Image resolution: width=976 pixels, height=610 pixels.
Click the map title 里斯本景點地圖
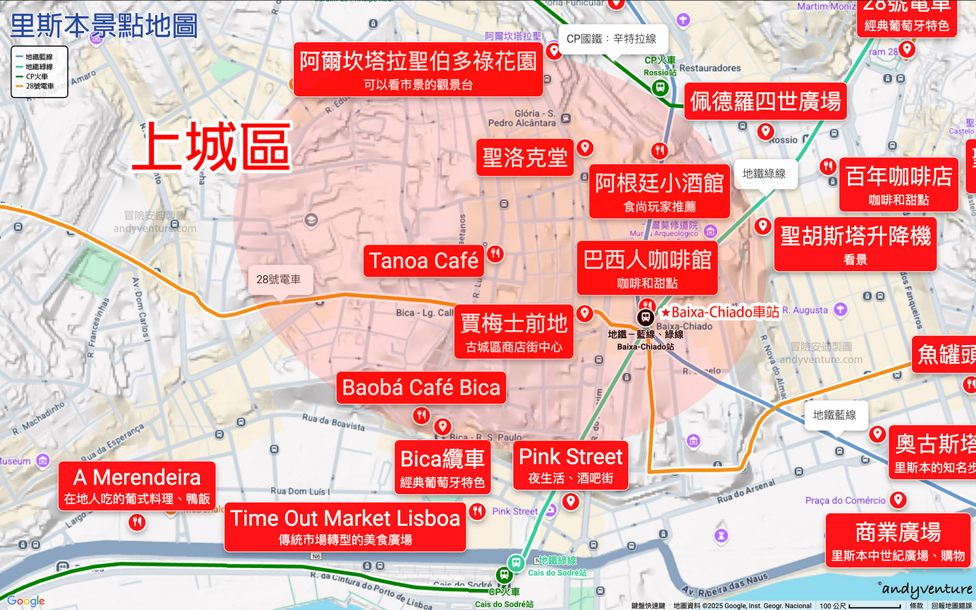coord(104,26)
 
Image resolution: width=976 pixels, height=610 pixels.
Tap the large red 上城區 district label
coord(211,147)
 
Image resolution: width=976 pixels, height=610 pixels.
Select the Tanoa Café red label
coord(424,261)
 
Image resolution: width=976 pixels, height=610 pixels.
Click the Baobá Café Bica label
coord(421,388)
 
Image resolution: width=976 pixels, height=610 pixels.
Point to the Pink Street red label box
coord(571,466)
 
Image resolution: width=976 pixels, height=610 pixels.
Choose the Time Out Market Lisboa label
coord(345,527)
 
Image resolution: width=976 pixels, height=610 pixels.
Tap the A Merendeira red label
coord(137,486)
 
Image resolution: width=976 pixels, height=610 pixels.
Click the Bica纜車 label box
coord(443,468)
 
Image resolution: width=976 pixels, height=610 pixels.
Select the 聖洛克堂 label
coord(525,158)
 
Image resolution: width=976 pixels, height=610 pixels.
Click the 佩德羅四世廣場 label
coord(765,102)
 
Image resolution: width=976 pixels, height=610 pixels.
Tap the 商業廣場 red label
coord(898,541)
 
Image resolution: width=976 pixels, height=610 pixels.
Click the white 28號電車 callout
coord(279,279)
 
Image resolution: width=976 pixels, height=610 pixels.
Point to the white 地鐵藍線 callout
coord(834,415)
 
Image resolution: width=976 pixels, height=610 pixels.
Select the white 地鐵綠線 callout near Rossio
coord(764,174)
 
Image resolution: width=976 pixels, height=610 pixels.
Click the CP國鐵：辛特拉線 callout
coord(611,39)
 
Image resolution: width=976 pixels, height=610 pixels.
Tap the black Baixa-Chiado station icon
coord(646,317)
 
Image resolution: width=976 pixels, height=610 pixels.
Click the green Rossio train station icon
coord(659,87)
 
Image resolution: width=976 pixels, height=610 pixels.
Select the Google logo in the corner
coord(26,601)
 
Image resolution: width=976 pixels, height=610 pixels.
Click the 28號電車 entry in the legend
coord(39,86)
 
